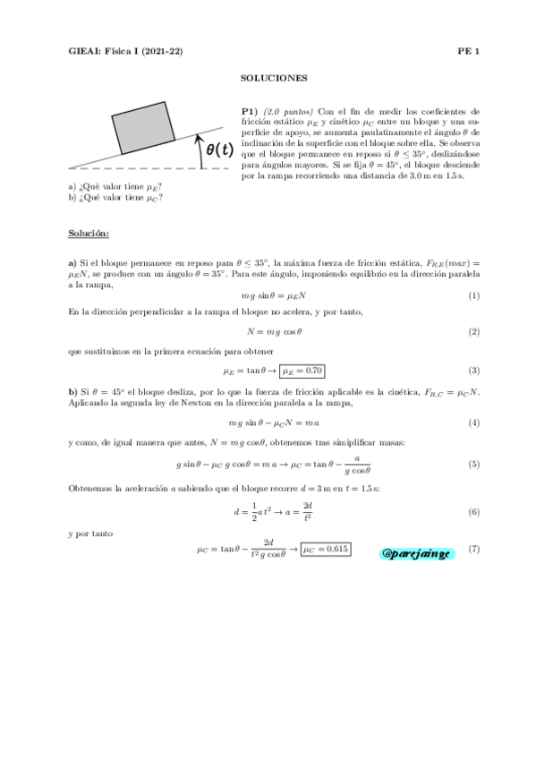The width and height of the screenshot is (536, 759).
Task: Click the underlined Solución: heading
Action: point(89,234)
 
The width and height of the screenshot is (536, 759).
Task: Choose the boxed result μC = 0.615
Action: point(326,549)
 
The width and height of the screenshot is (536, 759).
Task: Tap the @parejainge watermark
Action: point(418,553)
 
